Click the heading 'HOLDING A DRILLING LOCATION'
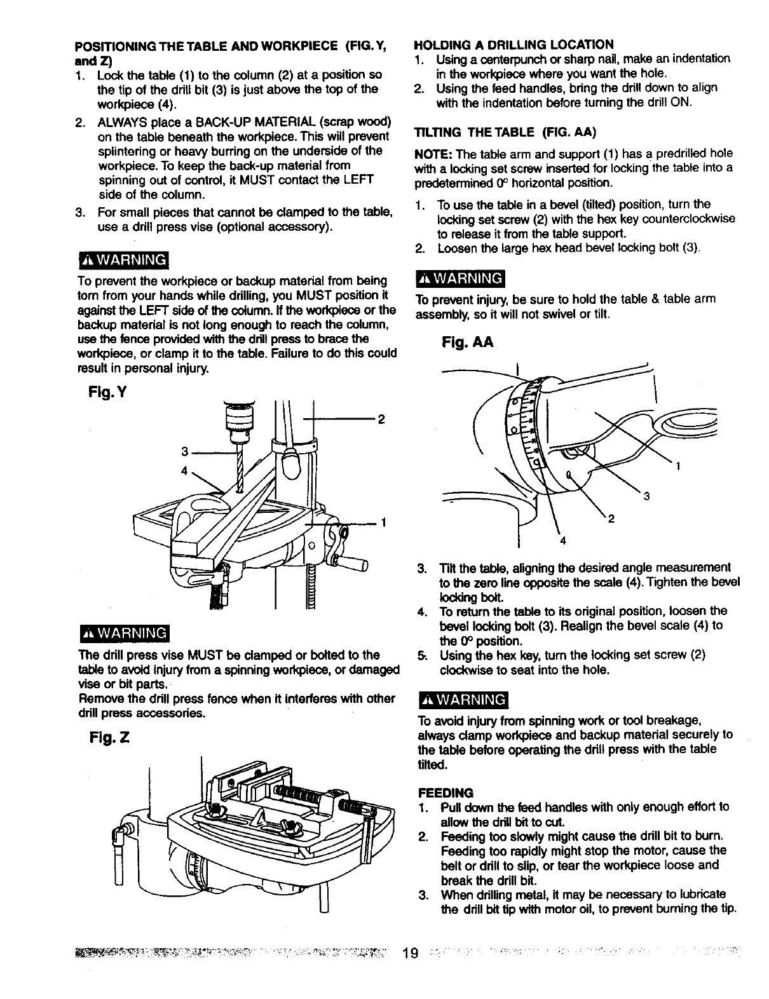[x=514, y=44]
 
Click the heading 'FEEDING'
[x=445, y=793]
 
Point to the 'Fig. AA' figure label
[x=468, y=343]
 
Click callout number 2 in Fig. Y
[x=381, y=419]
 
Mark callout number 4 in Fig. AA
[x=562, y=541]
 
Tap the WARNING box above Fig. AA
[x=459, y=279]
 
